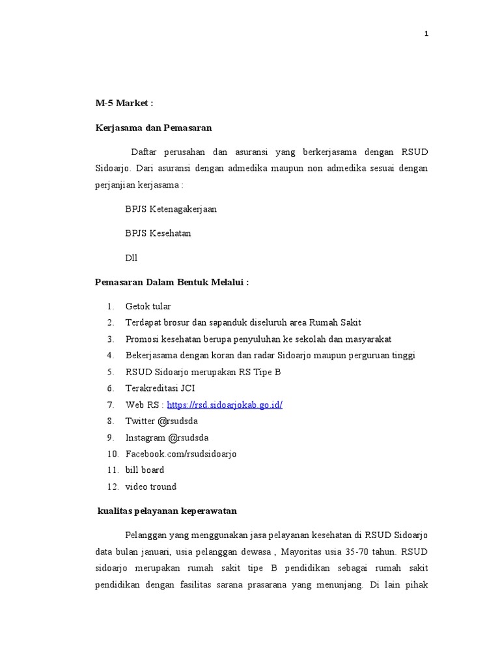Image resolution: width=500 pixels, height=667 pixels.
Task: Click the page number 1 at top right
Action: [x=426, y=35]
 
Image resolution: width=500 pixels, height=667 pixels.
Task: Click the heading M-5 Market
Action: [x=124, y=104]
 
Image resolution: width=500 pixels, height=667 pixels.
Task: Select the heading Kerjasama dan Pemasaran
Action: [x=153, y=128]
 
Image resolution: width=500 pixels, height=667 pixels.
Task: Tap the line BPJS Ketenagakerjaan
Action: [x=171, y=209]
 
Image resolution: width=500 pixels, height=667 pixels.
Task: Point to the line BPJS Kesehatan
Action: [x=158, y=233]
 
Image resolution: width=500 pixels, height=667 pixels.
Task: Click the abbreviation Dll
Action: [x=132, y=257]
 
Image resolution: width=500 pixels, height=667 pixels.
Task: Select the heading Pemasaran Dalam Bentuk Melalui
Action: [x=172, y=282]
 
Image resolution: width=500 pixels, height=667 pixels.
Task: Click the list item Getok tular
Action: [x=148, y=306]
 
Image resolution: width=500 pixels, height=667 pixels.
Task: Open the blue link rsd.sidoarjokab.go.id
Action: [x=225, y=404]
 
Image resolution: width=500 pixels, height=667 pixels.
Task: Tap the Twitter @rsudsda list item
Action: [x=161, y=421]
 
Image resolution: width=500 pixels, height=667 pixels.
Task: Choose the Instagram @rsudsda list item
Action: [x=167, y=437]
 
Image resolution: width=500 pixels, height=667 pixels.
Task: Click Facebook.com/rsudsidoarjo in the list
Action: [x=181, y=453]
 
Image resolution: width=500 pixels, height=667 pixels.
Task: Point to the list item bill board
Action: [x=145, y=470]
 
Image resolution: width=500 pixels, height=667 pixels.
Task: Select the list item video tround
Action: [x=150, y=487]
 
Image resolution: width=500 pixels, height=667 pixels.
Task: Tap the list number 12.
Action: [x=112, y=487]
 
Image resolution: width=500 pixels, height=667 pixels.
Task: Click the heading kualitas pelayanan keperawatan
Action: [x=171, y=511]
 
